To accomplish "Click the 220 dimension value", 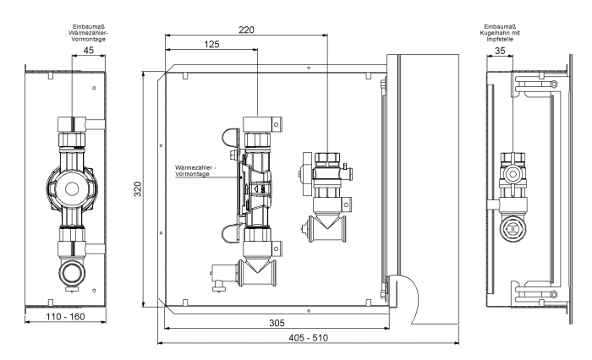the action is coord(246,30).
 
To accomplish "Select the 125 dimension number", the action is coord(211,44).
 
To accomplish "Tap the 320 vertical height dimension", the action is coord(138,188).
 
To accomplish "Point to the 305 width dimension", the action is coord(277,323).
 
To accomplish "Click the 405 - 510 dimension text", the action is coord(308,338).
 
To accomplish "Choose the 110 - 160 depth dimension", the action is coord(65,317).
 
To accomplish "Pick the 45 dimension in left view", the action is coord(88,50).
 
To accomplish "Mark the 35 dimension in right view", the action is coord(500,51).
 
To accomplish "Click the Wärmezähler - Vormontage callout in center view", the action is coord(195,171).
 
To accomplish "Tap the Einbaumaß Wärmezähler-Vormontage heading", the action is coord(89,33).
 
